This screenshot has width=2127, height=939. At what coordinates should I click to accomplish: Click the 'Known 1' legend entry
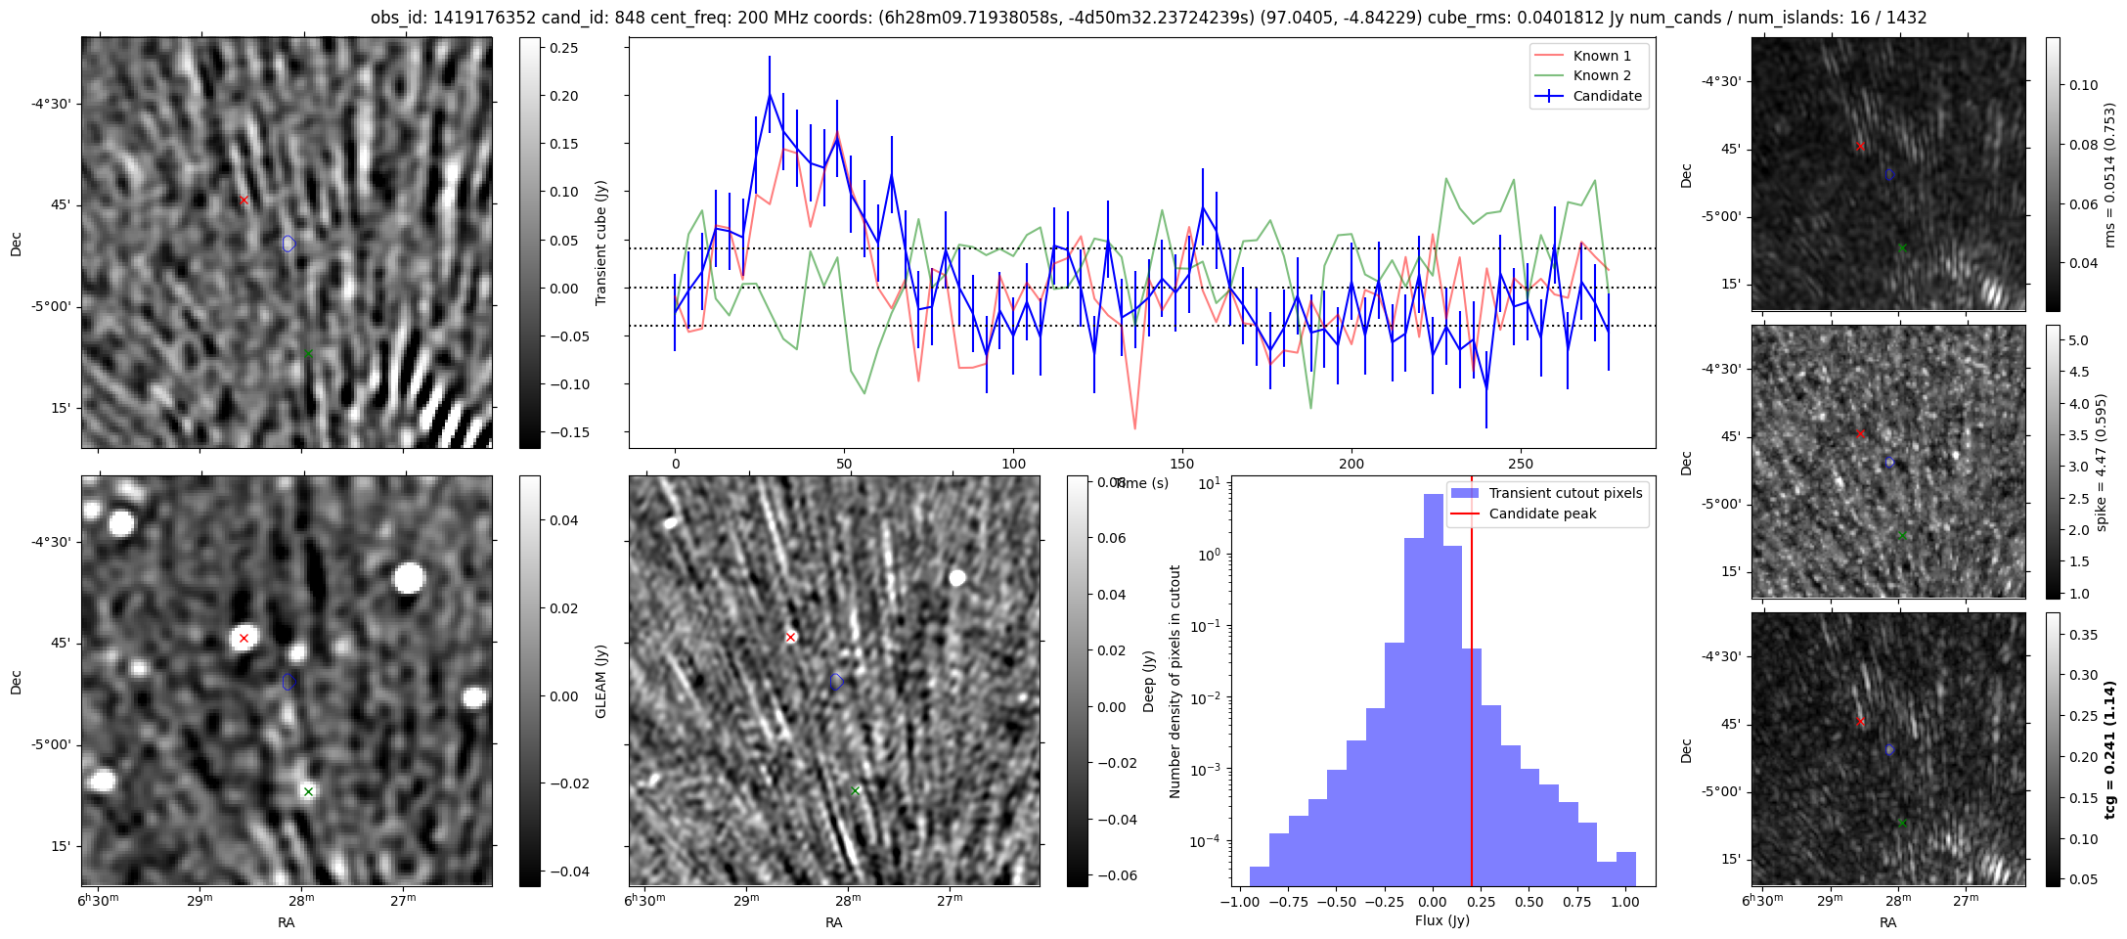[1602, 56]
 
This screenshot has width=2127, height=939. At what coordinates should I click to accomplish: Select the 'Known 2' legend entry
[1602, 75]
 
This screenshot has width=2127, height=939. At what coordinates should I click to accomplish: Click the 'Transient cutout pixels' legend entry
[1565, 493]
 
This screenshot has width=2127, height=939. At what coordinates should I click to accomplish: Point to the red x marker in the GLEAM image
[244, 638]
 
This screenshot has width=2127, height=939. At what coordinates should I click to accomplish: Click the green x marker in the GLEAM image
[308, 791]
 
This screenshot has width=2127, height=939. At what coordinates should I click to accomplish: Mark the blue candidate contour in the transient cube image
[288, 244]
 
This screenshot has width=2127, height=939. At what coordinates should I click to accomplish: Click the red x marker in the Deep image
[790, 638]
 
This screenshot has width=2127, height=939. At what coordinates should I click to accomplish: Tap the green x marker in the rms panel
[1902, 247]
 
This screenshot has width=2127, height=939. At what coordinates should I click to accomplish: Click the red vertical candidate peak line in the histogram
[1472, 685]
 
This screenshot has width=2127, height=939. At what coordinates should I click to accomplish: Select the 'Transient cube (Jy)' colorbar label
[601, 243]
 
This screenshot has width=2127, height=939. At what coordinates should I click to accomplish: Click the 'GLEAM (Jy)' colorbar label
[601, 681]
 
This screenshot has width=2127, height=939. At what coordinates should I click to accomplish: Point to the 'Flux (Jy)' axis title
[1442, 920]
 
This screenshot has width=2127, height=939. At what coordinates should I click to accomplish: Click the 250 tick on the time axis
[1521, 464]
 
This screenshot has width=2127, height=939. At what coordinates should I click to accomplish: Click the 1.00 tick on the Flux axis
[1624, 903]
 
